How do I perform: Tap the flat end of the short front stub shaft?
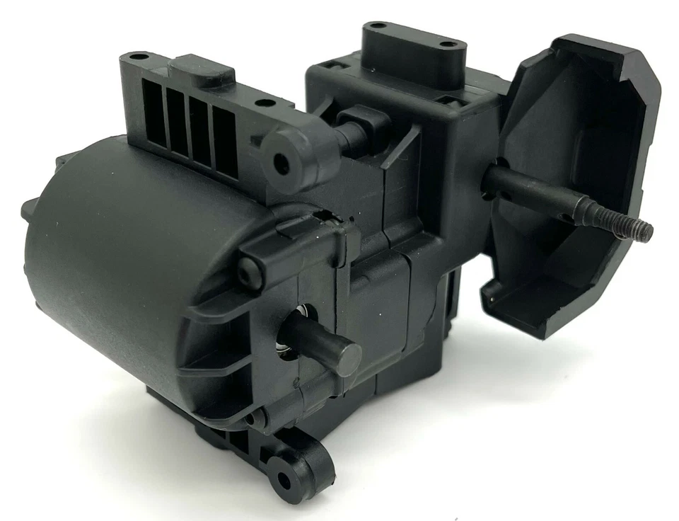pyautogui.click(x=346, y=360)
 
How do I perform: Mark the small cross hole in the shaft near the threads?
pyautogui.click(x=578, y=208)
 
